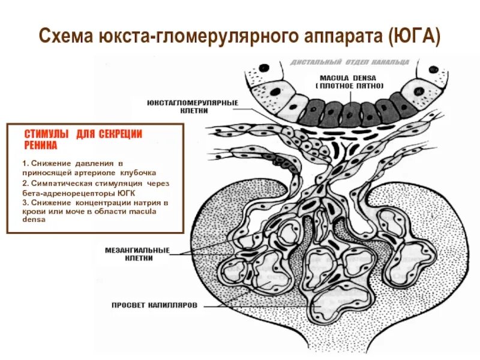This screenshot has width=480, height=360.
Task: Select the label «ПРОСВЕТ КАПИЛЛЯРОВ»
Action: [154, 305]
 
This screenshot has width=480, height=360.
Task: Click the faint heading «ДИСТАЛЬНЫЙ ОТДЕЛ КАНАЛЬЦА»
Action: [350, 62]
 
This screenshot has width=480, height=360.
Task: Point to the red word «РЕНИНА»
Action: [41, 146]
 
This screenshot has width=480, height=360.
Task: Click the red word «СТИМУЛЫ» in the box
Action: [46, 134]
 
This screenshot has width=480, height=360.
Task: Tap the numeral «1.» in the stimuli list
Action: [25, 163]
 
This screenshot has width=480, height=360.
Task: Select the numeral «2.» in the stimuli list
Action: [25, 182]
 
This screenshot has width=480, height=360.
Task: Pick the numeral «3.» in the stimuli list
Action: [25, 202]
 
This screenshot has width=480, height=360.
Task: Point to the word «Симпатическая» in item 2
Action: [59, 182]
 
